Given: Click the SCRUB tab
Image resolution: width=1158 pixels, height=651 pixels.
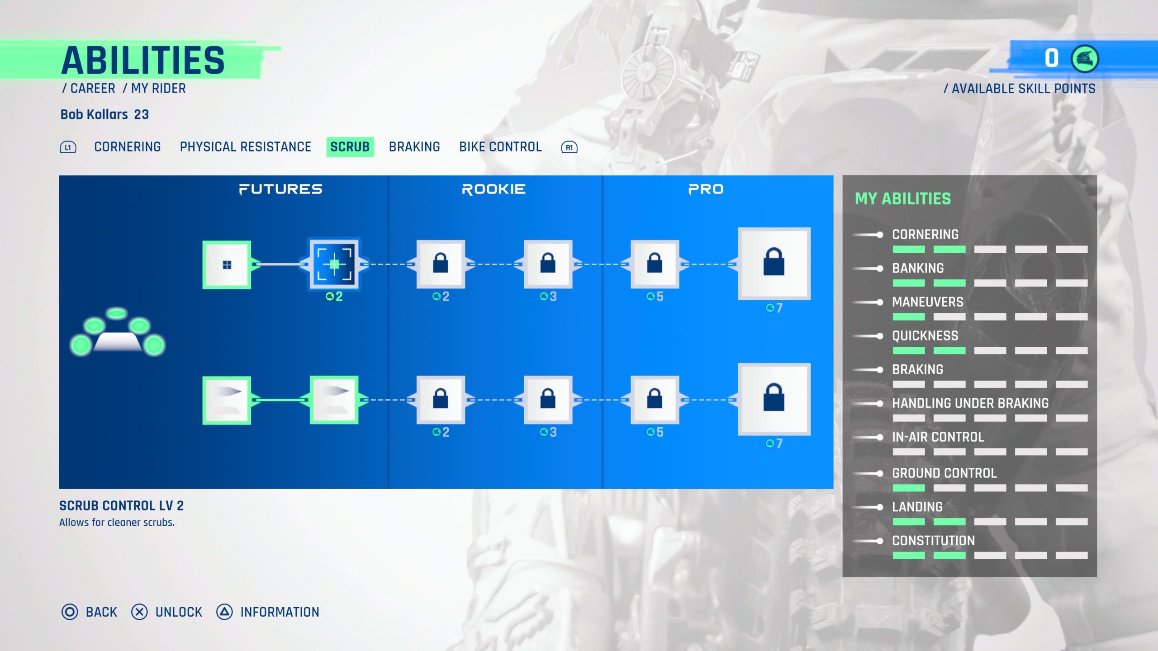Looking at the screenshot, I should coord(350,147).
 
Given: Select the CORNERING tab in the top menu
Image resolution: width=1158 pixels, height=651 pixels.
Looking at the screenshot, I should coord(127,147).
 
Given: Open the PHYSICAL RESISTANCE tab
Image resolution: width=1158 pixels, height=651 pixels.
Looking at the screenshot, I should coord(245,147).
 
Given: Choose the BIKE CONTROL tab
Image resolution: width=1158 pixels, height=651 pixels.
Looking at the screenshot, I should coord(500,147).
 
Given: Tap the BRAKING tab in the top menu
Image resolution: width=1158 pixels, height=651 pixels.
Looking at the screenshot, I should coord(414,147).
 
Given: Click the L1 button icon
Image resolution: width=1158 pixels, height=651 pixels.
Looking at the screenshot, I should coord(68,147).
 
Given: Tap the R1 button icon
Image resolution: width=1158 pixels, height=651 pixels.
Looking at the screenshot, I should coord(569,147).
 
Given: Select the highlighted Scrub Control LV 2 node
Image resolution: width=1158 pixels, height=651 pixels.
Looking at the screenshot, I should coord(334,264).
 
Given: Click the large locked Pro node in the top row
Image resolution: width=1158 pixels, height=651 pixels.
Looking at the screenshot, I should coord(774,263).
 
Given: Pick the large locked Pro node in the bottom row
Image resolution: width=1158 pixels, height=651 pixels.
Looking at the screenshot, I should coord(774,399).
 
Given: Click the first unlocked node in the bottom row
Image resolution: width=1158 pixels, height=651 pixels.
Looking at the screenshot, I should coord(227,400).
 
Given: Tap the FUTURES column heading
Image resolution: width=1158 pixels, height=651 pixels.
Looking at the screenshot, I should coord(280,189).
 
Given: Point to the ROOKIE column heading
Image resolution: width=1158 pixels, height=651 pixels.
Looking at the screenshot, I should coord(494,189).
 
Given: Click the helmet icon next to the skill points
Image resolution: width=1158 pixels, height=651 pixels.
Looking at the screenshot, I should coord(1084,59).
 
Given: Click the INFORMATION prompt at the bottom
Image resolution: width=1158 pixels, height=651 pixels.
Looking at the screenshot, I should coord(279,612).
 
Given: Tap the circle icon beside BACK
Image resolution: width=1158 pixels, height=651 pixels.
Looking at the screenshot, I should coord(70,612).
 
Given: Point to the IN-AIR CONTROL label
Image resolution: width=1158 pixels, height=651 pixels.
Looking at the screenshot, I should coord(938,437).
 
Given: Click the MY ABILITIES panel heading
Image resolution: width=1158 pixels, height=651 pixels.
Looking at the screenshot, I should coord(902,198).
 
